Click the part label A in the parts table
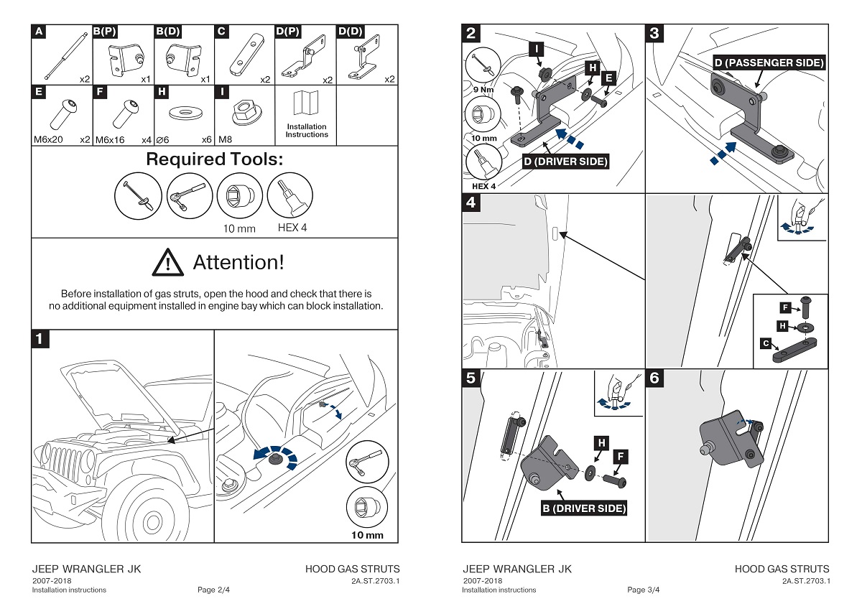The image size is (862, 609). click(38, 32)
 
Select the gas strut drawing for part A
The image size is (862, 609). click(61, 57)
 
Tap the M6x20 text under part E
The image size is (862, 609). click(48, 139)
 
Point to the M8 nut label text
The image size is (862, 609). click(226, 139)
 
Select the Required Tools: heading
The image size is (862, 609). click(214, 159)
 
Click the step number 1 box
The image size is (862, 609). click(40, 339)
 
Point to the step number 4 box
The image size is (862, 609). click(471, 203)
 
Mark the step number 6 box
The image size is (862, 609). click(654, 378)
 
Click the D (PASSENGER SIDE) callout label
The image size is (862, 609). click(769, 63)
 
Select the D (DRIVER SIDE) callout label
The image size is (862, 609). click(565, 162)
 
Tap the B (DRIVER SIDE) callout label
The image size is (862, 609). click(584, 508)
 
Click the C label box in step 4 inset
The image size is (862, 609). click(767, 344)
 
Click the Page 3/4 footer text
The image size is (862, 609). click(643, 590)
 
